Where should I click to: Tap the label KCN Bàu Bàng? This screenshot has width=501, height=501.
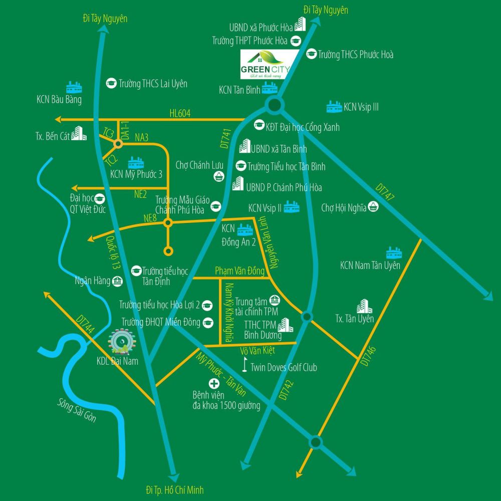pos(59,99)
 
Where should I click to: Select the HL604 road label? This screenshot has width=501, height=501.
pos(180,113)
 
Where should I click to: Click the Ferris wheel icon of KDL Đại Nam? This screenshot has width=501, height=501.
pos(121,341)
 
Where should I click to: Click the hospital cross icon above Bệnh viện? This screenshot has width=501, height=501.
pos(214,383)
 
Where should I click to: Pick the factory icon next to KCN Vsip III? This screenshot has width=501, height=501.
pos(334,106)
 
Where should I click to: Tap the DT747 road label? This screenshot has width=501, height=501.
pos(385,193)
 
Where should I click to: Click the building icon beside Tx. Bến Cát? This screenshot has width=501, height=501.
pos(78,133)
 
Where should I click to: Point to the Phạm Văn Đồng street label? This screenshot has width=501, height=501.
pos(239,271)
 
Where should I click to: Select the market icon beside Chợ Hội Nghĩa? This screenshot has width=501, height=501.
pos(373,205)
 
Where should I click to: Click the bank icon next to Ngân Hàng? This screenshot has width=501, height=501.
pos(118,281)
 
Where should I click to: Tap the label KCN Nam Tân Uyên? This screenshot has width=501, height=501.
pos(370,265)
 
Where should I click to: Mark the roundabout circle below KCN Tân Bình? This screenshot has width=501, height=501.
pos(274,105)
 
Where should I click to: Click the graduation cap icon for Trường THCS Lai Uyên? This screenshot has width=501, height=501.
pos(111,84)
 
